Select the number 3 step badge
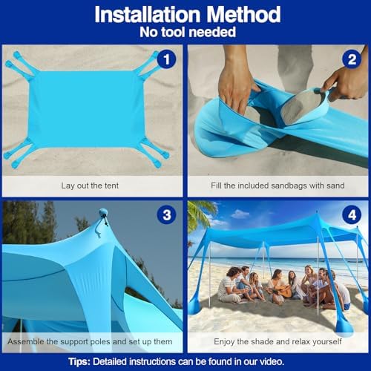pyautogui.click(x=166, y=215)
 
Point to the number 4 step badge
pyautogui.click(x=352, y=215)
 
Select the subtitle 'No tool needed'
pyautogui.click(x=185, y=33)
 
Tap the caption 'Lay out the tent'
pyautogui.click(x=93, y=185)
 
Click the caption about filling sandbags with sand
pyautogui.click(x=278, y=185)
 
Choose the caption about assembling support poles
pyautogui.click(x=93, y=341)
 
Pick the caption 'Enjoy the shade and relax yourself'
pyautogui.click(x=278, y=341)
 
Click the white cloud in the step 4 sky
pyautogui.click(x=240, y=214)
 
